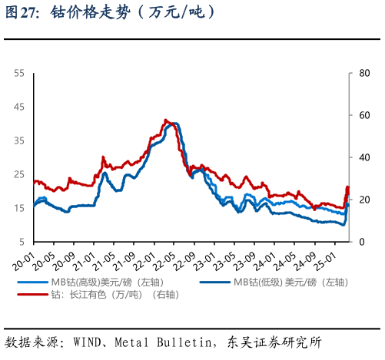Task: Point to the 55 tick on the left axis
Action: (x=20, y=73)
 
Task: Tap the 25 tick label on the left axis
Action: (x=20, y=174)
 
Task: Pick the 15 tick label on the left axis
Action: (x=20, y=208)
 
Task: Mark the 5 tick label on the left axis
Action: (x=22, y=242)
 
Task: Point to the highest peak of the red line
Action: (x=165, y=120)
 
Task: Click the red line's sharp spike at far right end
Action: (x=347, y=187)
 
